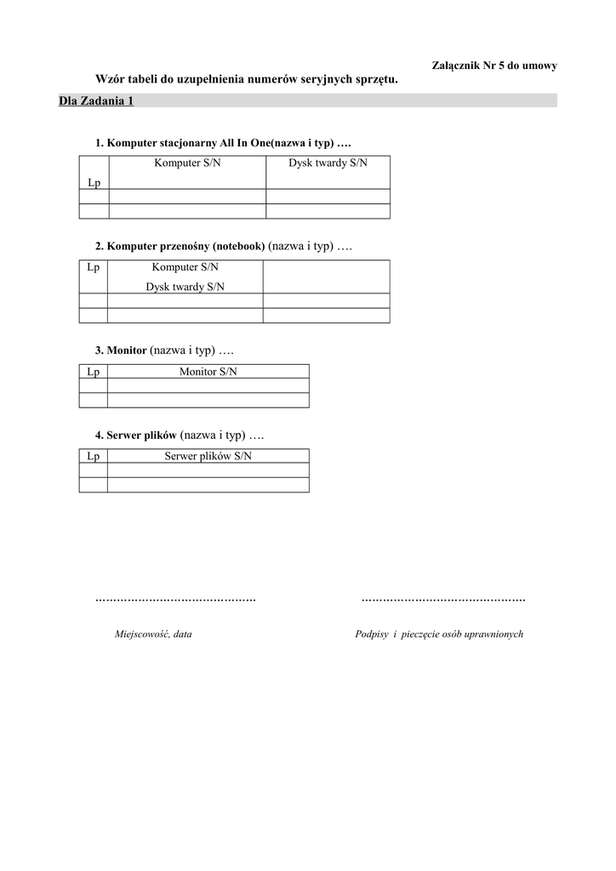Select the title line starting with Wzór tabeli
point(247,79)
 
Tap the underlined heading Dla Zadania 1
point(96,101)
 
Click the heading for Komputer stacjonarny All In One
point(223,142)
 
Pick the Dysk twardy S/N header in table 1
point(328,162)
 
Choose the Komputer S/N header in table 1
point(187,162)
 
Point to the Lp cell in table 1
point(94,182)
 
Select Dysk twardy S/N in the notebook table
point(185,287)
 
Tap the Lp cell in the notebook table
point(94,267)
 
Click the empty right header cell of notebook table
point(326,276)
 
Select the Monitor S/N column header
point(208,372)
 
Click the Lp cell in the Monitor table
point(94,372)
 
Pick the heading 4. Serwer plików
point(135,435)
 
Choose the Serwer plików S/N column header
point(208,456)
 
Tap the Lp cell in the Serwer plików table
point(94,456)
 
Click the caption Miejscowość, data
point(153,635)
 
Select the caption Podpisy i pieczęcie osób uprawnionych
point(439,635)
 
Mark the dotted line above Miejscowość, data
point(175,601)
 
